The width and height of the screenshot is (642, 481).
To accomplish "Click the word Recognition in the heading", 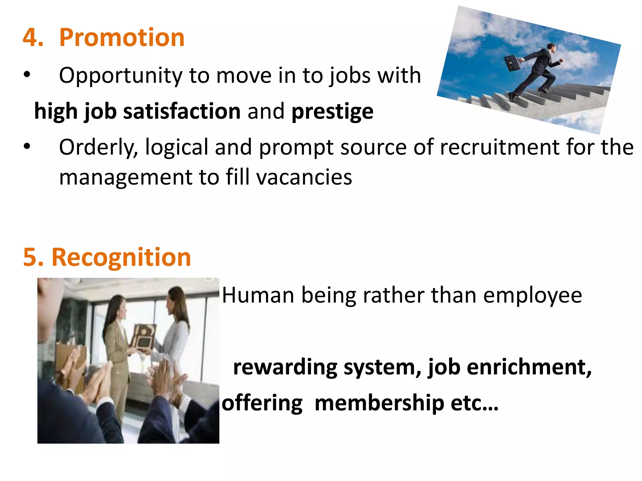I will pos(121,257).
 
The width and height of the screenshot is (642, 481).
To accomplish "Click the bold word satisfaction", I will pos(182,111).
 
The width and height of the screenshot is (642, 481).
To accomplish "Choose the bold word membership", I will pos(379,403).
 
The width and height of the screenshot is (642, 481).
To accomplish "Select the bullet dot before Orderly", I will pos(27,146).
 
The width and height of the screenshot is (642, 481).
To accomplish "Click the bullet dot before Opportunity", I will pos(27,75).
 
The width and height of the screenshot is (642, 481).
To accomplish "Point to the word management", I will pos(126,177).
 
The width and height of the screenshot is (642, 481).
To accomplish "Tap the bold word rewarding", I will pos(285,367).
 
